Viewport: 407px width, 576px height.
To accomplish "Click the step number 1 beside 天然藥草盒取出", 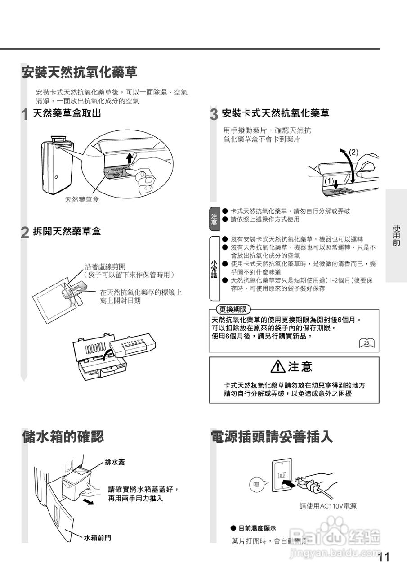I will point(25,115).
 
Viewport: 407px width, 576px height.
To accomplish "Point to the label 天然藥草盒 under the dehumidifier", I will point(82,199).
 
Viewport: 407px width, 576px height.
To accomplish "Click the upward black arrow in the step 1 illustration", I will point(130,157).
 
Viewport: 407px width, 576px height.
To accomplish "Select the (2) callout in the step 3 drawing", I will point(353,152).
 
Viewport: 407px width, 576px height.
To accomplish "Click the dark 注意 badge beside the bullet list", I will point(214,216).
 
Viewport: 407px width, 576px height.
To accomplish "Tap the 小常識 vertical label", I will point(214,268).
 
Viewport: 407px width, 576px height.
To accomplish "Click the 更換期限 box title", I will point(233,310).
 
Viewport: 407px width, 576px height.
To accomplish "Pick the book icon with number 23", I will point(367,343).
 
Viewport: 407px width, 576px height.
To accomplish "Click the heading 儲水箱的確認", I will point(63,436).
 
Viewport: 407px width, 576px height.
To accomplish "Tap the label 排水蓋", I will point(115,462).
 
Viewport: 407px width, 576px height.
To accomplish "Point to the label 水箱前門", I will point(98,537).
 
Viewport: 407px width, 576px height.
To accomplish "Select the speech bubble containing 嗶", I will point(257,485).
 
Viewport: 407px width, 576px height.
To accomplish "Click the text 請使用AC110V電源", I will point(328,506).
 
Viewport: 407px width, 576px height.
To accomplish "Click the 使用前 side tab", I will point(396,235).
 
